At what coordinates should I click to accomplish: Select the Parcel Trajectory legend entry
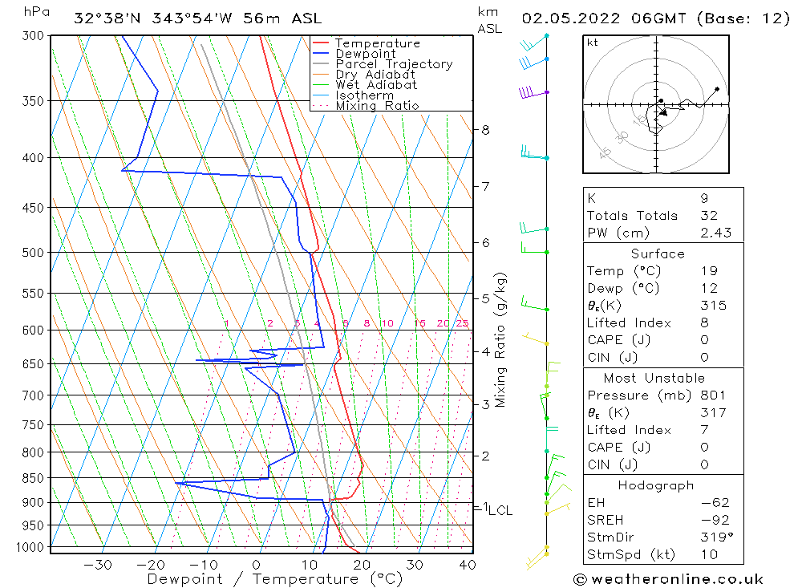click(394, 64)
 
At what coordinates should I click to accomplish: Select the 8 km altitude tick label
click(486, 129)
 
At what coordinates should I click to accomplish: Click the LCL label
click(500, 510)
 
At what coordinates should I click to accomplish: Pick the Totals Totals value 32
click(708, 215)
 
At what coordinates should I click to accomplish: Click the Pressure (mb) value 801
click(712, 395)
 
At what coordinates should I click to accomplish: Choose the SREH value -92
click(711, 520)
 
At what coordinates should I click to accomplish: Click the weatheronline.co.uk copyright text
click(668, 578)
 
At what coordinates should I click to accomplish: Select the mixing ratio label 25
click(462, 323)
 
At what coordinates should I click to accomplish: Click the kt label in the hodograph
click(593, 43)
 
